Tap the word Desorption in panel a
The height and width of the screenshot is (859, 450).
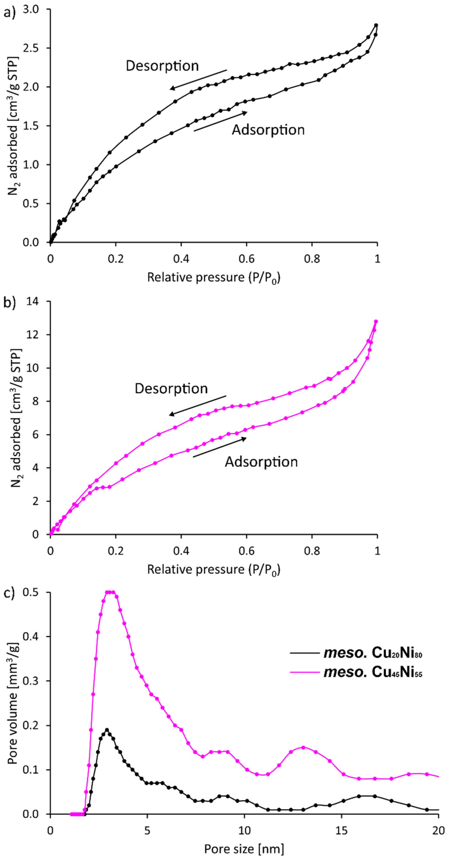click(162, 66)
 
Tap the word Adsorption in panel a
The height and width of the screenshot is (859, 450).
click(268, 130)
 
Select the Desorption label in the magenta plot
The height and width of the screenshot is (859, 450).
click(171, 388)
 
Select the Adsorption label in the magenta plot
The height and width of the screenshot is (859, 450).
click(261, 462)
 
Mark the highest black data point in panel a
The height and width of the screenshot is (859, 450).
click(376, 25)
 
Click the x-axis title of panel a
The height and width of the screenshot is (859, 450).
click(214, 277)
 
